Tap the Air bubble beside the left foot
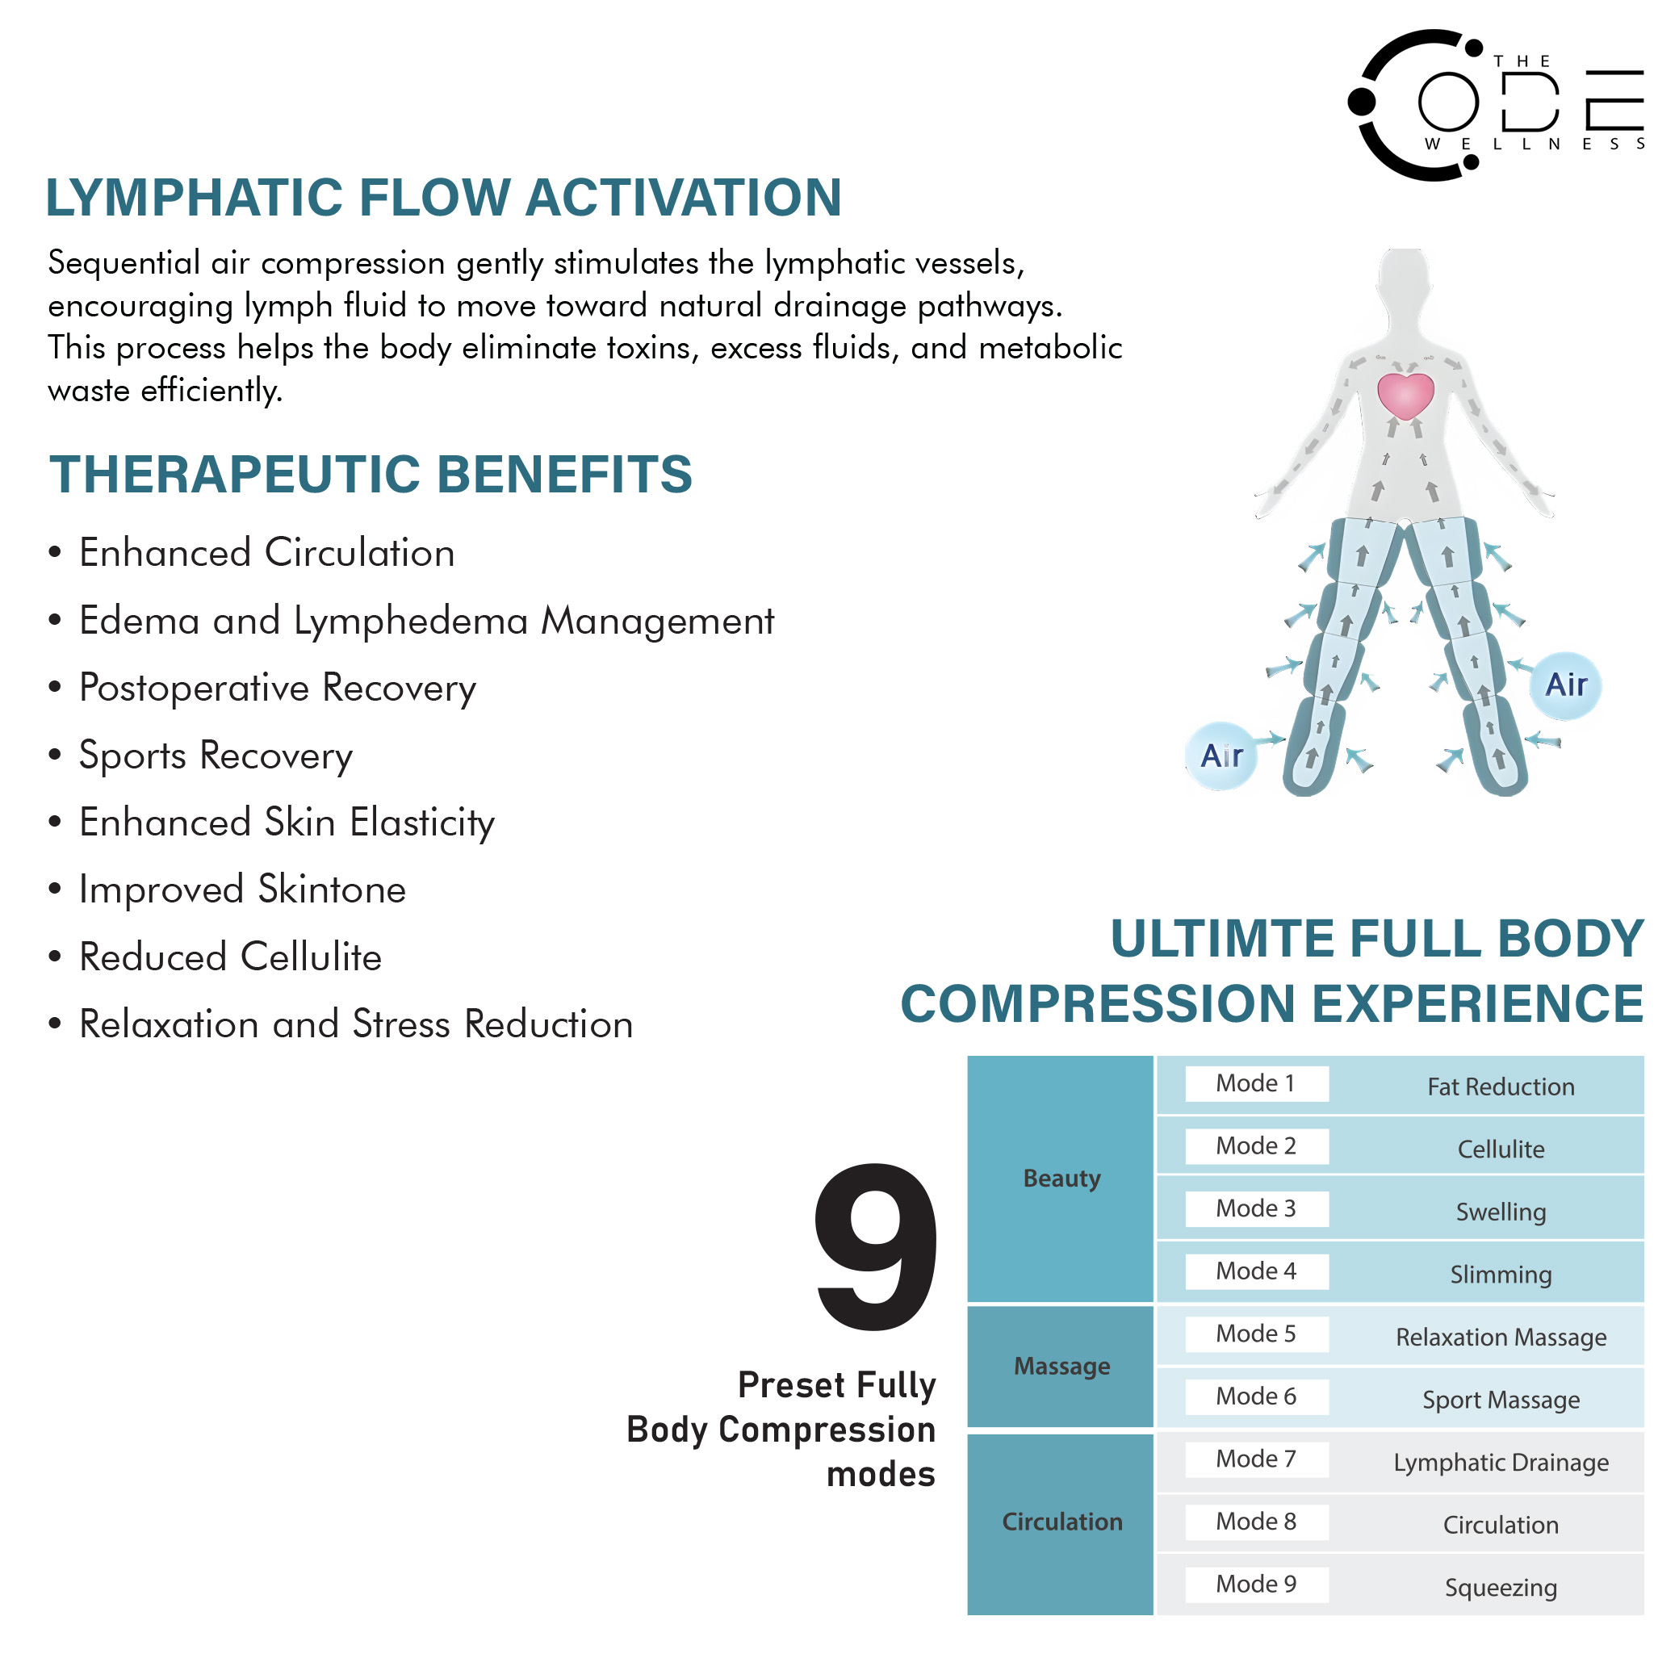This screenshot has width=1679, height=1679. point(1221,756)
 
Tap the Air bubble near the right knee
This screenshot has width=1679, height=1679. point(1565,685)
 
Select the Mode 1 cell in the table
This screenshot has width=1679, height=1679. point(1256,1084)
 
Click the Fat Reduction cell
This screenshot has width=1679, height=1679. point(1501,1087)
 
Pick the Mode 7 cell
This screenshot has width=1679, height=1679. point(1256,1459)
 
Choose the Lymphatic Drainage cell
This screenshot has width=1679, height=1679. point(1501,1463)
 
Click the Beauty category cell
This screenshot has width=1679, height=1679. point(1061,1179)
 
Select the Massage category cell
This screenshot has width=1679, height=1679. point(1061,1366)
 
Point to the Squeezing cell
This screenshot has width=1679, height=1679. point(1501,1588)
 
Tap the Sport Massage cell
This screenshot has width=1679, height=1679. point(1501,1400)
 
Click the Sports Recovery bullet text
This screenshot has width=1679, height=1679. point(216,756)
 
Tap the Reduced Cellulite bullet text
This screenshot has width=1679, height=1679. point(230,957)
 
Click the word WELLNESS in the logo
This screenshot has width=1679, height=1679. point(1534,144)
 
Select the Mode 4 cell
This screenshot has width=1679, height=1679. point(1256,1271)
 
